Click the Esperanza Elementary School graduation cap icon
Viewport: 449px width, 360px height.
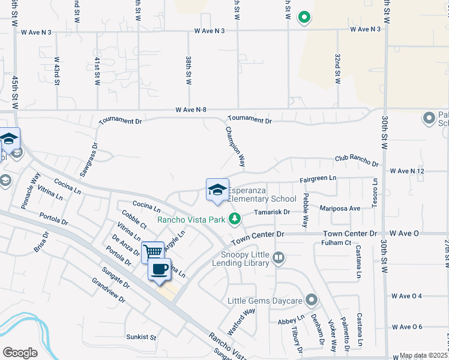click(217, 190)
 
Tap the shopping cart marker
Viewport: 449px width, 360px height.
click(153, 251)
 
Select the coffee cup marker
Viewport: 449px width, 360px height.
click(160, 269)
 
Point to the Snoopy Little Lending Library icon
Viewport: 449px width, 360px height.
click(278, 258)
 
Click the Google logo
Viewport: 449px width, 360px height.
click(20, 353)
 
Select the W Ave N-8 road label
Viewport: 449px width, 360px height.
click(191, 110)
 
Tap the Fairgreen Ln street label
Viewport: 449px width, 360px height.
click(318, 179)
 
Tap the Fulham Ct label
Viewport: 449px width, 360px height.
click(336, 242)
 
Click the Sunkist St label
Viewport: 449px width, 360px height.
click(141, 337)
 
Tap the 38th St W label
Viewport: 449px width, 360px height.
click(188, 71)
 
